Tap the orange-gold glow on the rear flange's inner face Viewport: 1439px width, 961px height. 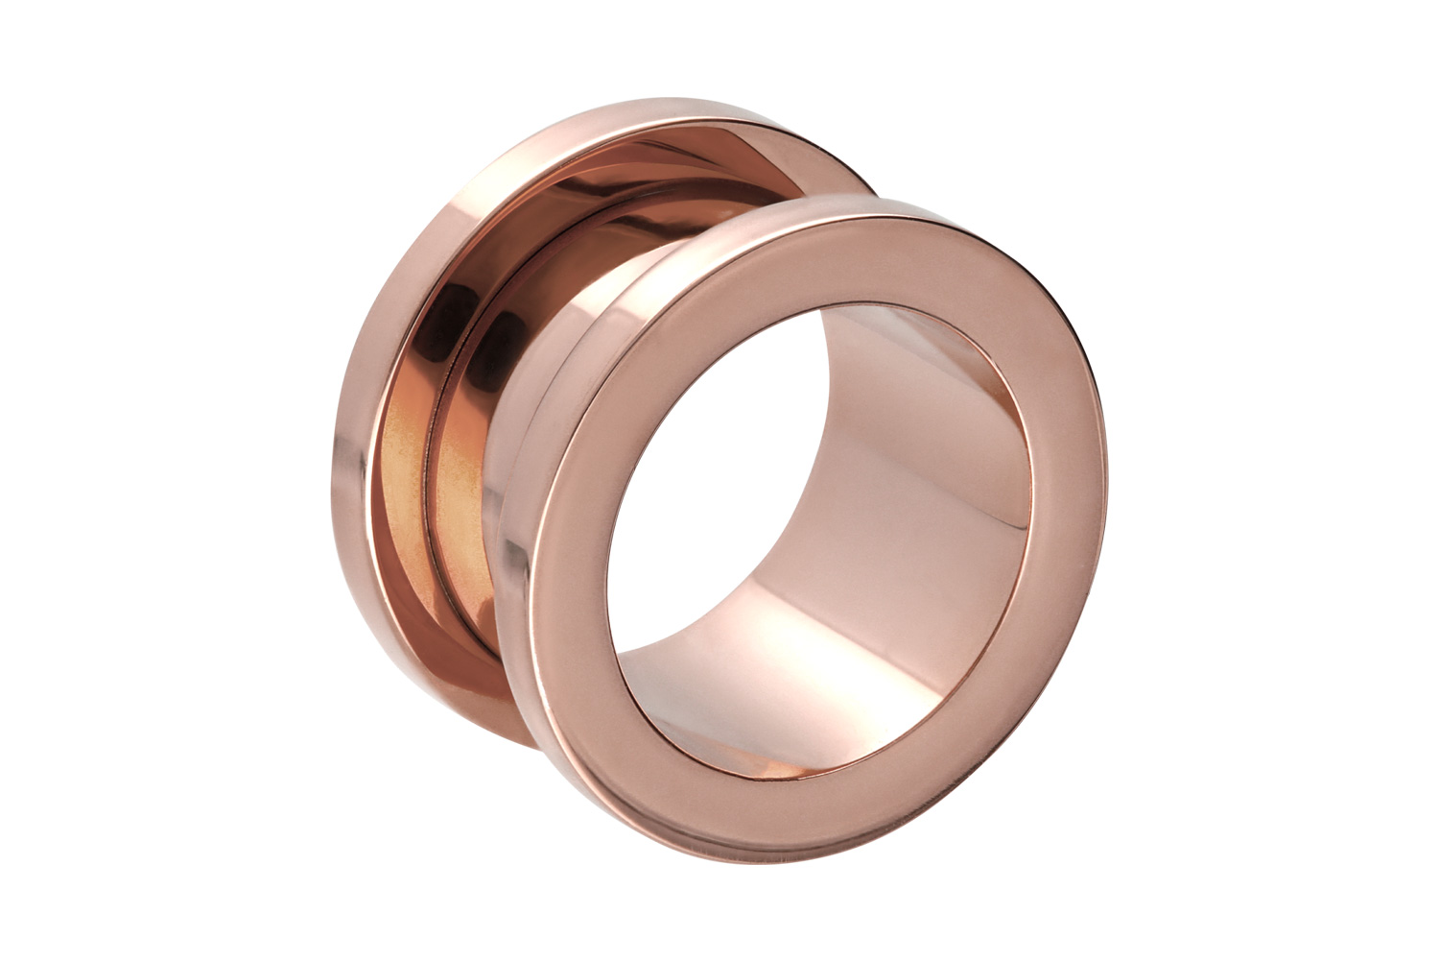click(x=413, y=499)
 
